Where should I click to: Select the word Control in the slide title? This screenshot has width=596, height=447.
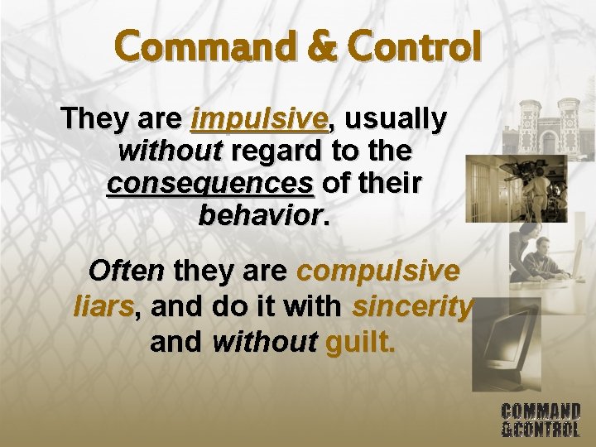(406, 46)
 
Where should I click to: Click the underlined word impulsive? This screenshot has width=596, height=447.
(259, 120)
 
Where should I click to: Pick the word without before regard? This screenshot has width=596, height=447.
(171, 151)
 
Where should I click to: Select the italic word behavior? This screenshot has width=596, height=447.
(258, 214)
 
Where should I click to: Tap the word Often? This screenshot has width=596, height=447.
(127, 271)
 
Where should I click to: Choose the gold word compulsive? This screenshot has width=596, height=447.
(377, 271)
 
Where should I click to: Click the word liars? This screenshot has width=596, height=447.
(103, 306)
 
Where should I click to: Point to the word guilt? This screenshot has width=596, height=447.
(361, 341)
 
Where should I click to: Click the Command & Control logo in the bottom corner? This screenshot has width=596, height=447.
(541, 419)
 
